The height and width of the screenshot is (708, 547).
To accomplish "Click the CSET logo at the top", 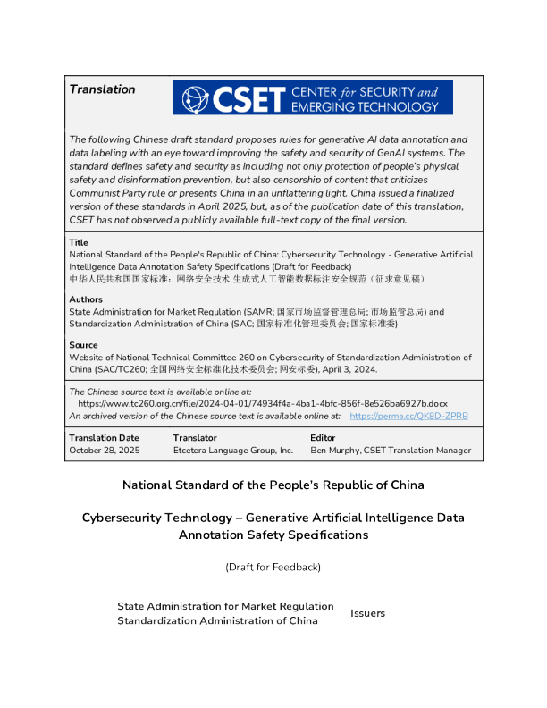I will pos(313,97).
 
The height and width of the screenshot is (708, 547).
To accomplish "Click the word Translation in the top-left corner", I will pos(102,89).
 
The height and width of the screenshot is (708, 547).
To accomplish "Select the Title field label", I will pos(79,242).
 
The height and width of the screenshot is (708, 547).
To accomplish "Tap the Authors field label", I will pos(86,299).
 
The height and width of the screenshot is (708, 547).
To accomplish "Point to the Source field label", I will pos(83,345).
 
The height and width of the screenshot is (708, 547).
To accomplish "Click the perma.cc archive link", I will pos(408,416).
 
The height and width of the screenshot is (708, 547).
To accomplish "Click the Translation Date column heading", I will pos(104,438).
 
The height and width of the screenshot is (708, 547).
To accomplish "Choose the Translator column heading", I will pos(195,438).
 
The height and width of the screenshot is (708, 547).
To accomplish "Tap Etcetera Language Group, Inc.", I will pos(233,451).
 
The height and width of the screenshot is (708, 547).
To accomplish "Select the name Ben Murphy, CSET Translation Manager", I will pos(391,451).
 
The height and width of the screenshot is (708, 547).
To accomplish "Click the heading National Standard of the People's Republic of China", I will pos(273,485).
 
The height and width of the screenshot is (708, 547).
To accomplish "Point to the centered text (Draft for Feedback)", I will pos(273,567).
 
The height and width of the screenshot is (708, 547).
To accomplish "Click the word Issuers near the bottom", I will pos(367,613).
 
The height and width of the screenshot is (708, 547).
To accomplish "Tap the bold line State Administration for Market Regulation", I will pos(225,606).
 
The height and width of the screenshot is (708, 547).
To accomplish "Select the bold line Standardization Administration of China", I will pos(217,620).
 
